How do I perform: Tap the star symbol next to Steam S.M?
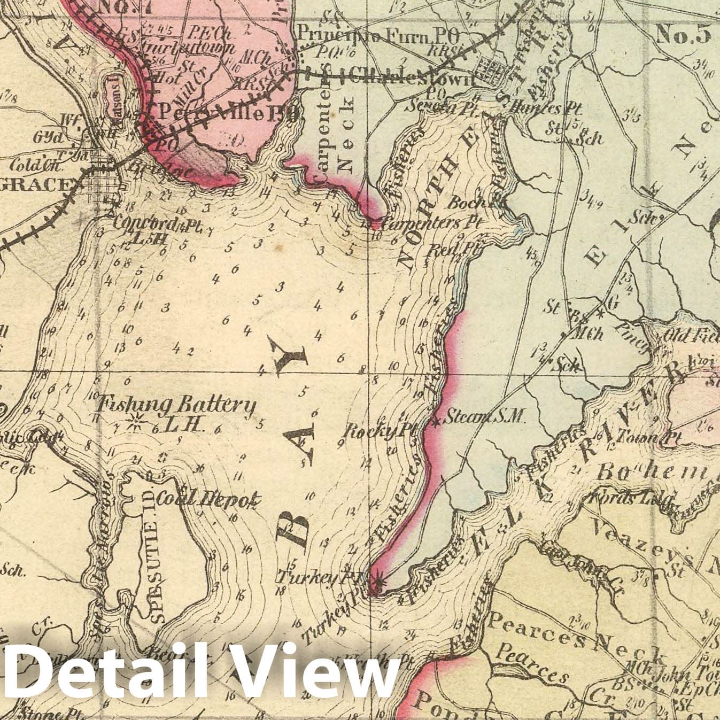click(x=437, y=422)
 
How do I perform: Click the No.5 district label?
click(x=683, y=34)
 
